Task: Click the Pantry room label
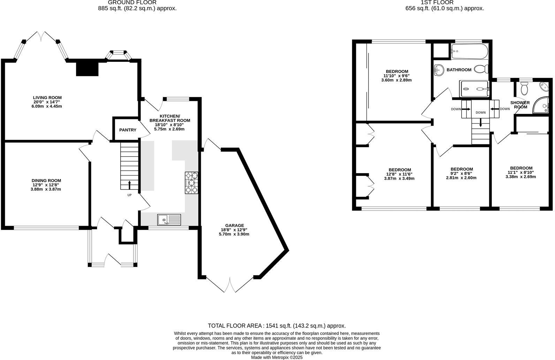[x=128, y=130]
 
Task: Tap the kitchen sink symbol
[x=169, y=219]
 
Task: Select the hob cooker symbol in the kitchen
[x=191, y=183]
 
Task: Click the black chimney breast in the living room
[x=87, y=68]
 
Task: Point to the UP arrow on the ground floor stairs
[x=130, y=184]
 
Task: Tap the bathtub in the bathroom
[x=469, y=51]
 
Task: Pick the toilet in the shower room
[x=524, y=89]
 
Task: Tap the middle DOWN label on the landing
[x=480, y=112]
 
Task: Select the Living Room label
[x=47, y=98]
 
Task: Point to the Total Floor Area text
[x=276, y=325]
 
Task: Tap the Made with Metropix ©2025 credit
[x=276, y=357]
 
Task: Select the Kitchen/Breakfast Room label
[x=169, y=118]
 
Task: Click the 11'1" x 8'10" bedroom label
[x=520, y=172]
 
